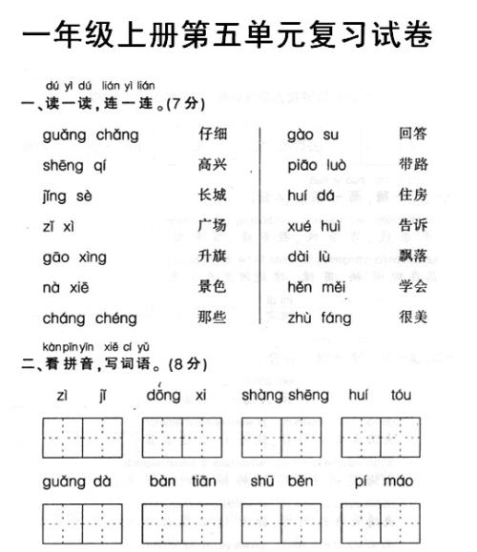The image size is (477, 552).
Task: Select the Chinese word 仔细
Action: [212, 134]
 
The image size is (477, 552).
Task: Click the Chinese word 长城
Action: [212, 195]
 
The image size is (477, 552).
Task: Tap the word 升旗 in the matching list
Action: [212, 256]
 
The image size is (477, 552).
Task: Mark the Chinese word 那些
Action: [212, 317]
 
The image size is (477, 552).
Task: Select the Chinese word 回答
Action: [413, 134]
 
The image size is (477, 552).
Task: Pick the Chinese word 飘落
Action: [413, 256]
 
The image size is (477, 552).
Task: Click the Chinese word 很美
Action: [413, 317]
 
